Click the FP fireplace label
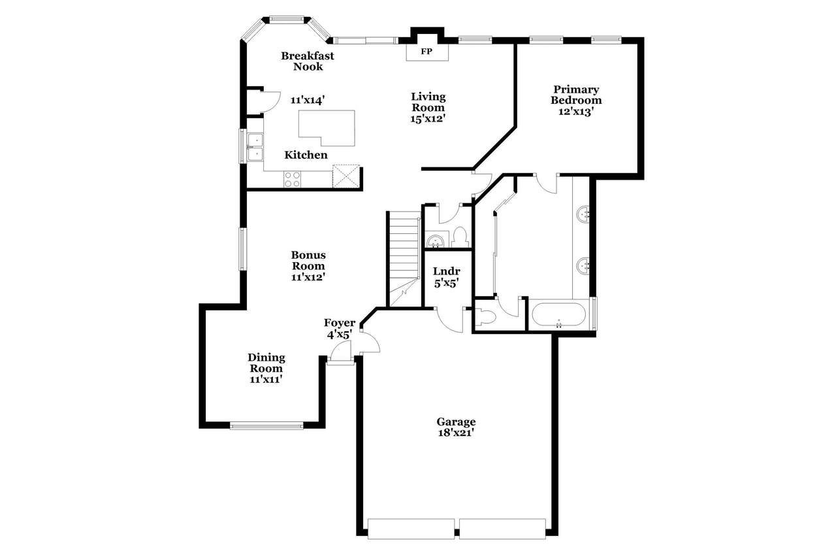click(x=426, y=52)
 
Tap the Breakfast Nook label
click(x=308, y=61)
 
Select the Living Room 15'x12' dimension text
click(x=428, y=119)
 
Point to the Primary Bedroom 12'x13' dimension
click(x=576, y=111)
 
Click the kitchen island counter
click(x=327, y=127)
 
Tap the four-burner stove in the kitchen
click(x=292, y=179)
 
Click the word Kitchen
click(x=306, y=155)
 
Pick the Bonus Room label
click(x=308, y=261)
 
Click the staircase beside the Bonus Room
click(x=404, y=259)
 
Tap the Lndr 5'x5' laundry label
click(x=446, y=277)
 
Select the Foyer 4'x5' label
click(x=339, y=329)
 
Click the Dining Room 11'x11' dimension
click(x=266, y=379)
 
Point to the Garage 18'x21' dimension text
click(x=456, y=433)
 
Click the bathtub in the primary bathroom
click(x=558, y=314)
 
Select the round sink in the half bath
click(x=435, y=240)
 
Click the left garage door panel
click(x=411, y=528)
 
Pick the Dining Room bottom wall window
click(x=266, y=425)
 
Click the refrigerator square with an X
click(x=346, y=176)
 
